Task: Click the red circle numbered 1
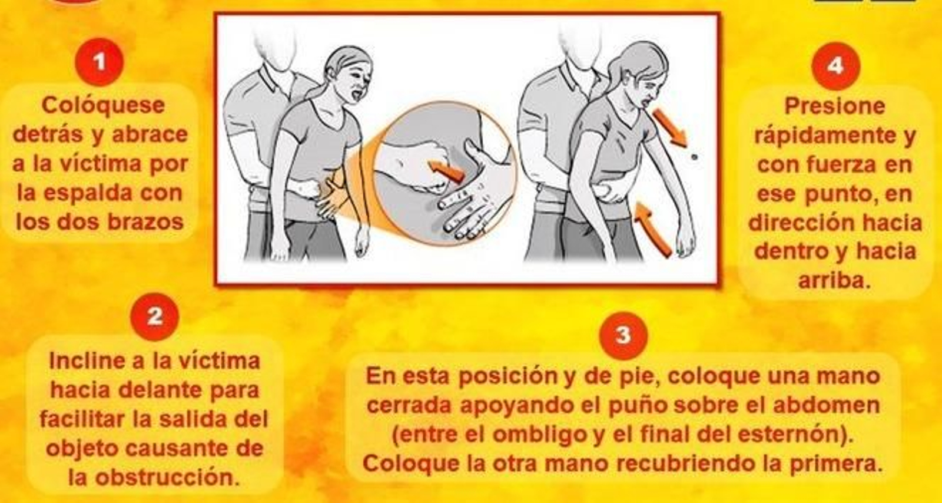pyautogui.click(x=99, y=62)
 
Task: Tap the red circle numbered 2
pyautogui.click(x=154, y=317)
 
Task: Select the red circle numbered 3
pyautogui.click(x=623, y=336)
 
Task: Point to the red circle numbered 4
pyautogui.click(x=835, y=66)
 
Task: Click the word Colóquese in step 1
pyautogui.click(x=103, y=106)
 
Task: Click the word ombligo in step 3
pyautogui.click(x=539, y=435)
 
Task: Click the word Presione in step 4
pyautogui.click(x=835, y=107)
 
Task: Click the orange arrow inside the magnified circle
pyautogui.click(x=446, y=171)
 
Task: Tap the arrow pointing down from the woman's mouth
pyautogui.click(x=669, y=127)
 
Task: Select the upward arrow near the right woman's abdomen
pyautogui.click(x=653, y=229)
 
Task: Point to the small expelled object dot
pyautogui.click(x=694, y=157)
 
